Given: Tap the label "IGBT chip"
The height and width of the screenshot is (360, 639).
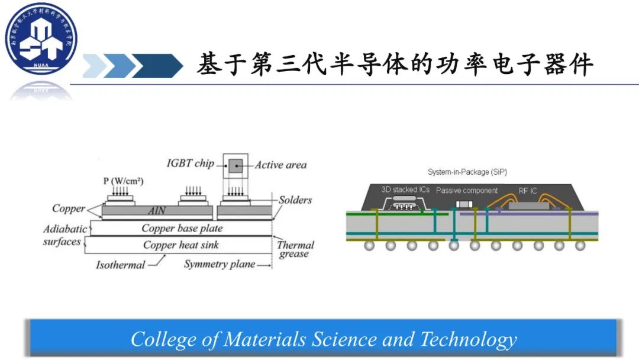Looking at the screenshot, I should click(x=190, y=163).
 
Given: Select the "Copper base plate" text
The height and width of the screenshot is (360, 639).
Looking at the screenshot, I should click(x=182, y=228).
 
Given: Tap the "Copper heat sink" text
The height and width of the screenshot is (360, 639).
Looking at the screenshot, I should click(x=182, y=245).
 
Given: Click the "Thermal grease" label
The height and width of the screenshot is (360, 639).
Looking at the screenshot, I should click(x=295, y=249).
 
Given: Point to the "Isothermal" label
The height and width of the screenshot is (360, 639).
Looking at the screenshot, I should click(x=120, y=265).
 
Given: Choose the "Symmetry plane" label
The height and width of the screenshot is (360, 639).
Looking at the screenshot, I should click(x=219, y=264).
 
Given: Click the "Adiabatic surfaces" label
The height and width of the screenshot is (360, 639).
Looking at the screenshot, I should click(x=64, y=235).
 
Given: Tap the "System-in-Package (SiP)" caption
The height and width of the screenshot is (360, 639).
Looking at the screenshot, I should click(x=467, y=172).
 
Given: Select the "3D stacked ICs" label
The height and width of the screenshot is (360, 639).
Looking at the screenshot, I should click(x=405, y=190).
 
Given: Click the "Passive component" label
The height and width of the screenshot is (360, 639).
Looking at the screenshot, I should click(x=467, y=191).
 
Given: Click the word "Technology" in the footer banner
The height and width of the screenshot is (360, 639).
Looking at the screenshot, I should click(x=468, y=339).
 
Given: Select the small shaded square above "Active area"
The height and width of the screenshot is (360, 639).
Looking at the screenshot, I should click(x=235, y=165).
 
